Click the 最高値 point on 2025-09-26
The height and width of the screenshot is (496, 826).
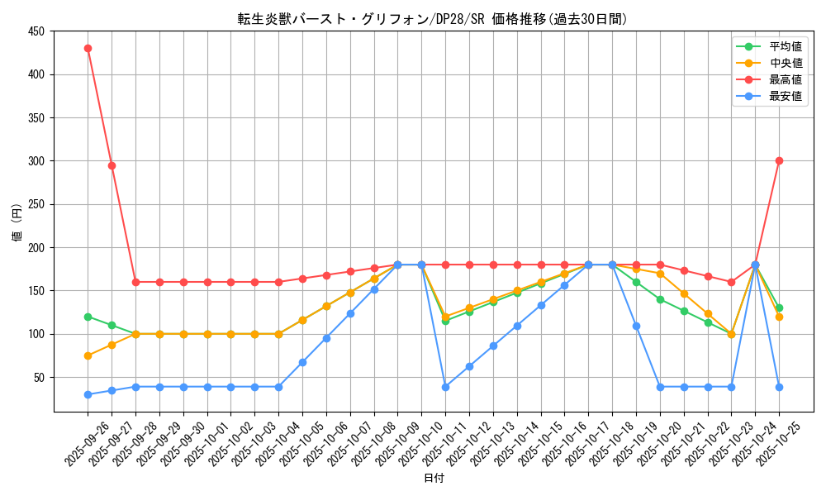88,48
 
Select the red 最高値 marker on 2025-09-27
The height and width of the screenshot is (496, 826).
112,165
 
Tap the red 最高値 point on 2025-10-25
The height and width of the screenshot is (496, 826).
779,160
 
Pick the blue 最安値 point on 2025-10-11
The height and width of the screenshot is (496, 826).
445,387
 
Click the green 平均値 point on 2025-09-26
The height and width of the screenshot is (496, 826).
88,317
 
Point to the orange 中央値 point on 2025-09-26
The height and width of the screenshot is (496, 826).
88,355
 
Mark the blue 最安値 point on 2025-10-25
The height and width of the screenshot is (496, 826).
779,387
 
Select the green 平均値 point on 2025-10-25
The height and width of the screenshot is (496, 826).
779,308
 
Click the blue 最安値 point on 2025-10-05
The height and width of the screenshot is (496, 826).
302,362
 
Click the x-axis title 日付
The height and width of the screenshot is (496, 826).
434,479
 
